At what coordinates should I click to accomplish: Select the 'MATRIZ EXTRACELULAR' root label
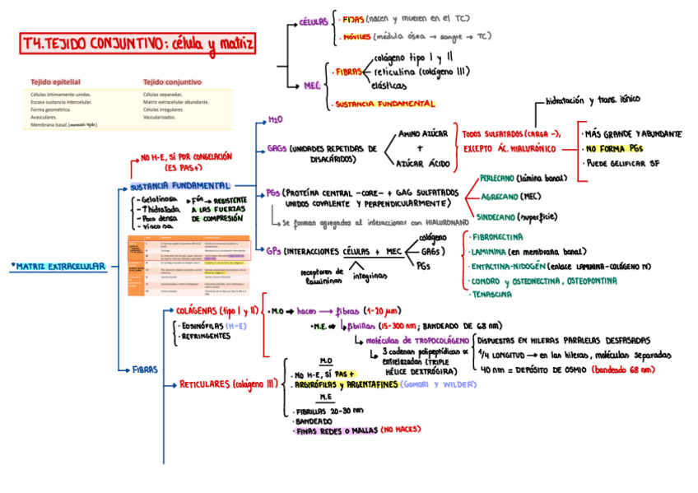tap(60, 267)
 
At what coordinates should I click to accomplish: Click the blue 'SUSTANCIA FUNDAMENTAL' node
tap(179, 186)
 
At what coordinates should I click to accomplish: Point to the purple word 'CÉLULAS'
tap(313, 22)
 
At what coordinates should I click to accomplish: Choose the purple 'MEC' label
tap(312, 84)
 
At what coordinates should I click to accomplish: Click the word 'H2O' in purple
tap(275, 120)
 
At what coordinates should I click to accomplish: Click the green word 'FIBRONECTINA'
tap(497, 237)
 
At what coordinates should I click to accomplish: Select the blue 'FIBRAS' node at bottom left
tap(144, 370)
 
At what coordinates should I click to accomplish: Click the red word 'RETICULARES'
tap(205, 384)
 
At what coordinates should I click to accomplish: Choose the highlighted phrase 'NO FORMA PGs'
tap(614, 149)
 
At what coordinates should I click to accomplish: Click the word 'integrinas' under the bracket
tap(369, 276)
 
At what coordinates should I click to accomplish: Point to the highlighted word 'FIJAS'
tap(353, 17)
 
